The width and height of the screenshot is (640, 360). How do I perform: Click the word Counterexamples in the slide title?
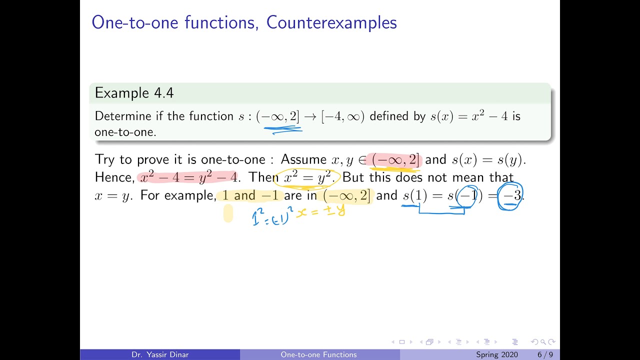point(331,22)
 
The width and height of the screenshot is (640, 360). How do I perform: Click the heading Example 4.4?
point(134,93)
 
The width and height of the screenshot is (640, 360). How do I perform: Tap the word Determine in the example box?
point(122,116)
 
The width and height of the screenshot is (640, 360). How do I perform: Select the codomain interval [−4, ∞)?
point(343,116)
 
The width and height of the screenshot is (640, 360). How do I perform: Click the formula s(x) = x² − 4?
point(469,116)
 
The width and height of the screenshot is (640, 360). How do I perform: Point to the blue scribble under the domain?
point(283,130)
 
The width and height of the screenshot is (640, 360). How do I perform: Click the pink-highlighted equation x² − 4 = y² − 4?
point(188,177)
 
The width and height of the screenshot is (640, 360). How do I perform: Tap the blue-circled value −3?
point(511,195)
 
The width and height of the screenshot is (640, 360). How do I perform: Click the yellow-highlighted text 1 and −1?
point(250,195)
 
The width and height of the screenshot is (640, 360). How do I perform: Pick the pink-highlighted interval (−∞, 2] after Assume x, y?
point(395,160)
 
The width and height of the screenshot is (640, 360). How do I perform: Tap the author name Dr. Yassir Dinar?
point(159,354)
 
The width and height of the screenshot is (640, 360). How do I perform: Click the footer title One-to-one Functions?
point(319,354)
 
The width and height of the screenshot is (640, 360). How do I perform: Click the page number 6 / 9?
point(545,354)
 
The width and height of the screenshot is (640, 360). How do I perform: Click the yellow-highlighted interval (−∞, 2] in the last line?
point(347,195)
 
